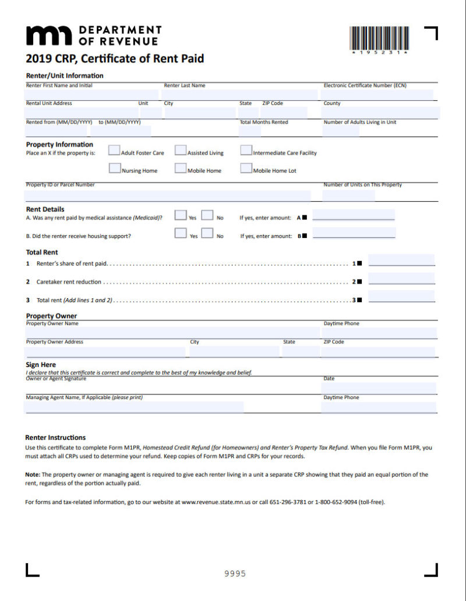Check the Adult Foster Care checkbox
click(114, 152)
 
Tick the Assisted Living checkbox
click(181, 152)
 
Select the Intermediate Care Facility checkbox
click(246, 152)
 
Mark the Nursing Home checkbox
click(115, 169)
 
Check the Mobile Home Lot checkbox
click(246, 169)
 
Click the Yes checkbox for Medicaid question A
click(181, 216)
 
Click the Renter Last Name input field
click(239, 94)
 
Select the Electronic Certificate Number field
click(377, 94)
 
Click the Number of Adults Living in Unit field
click(341, 131)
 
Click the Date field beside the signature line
click(379, 387)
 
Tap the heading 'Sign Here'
click(41, 365)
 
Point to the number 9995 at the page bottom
click(235, 574)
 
